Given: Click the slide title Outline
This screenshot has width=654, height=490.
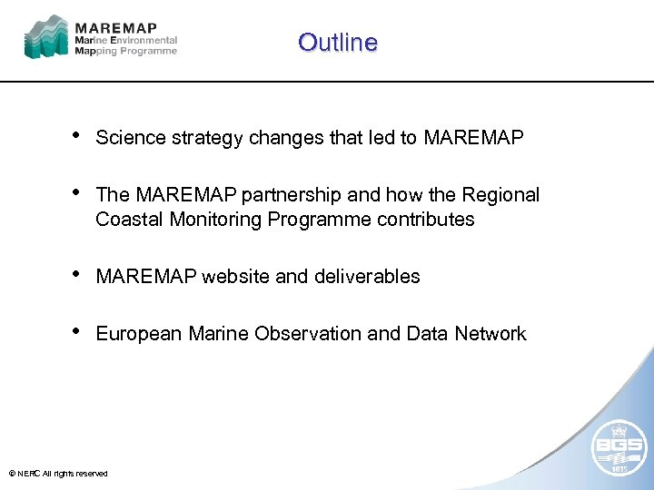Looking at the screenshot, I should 337,43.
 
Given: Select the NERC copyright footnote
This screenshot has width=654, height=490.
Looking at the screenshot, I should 57,474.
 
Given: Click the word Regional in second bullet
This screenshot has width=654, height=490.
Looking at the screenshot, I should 500,195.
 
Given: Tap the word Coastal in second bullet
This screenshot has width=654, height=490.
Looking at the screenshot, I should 127,220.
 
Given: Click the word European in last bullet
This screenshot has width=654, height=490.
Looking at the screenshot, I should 139,334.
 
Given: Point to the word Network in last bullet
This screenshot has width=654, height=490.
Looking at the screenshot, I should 491,334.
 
